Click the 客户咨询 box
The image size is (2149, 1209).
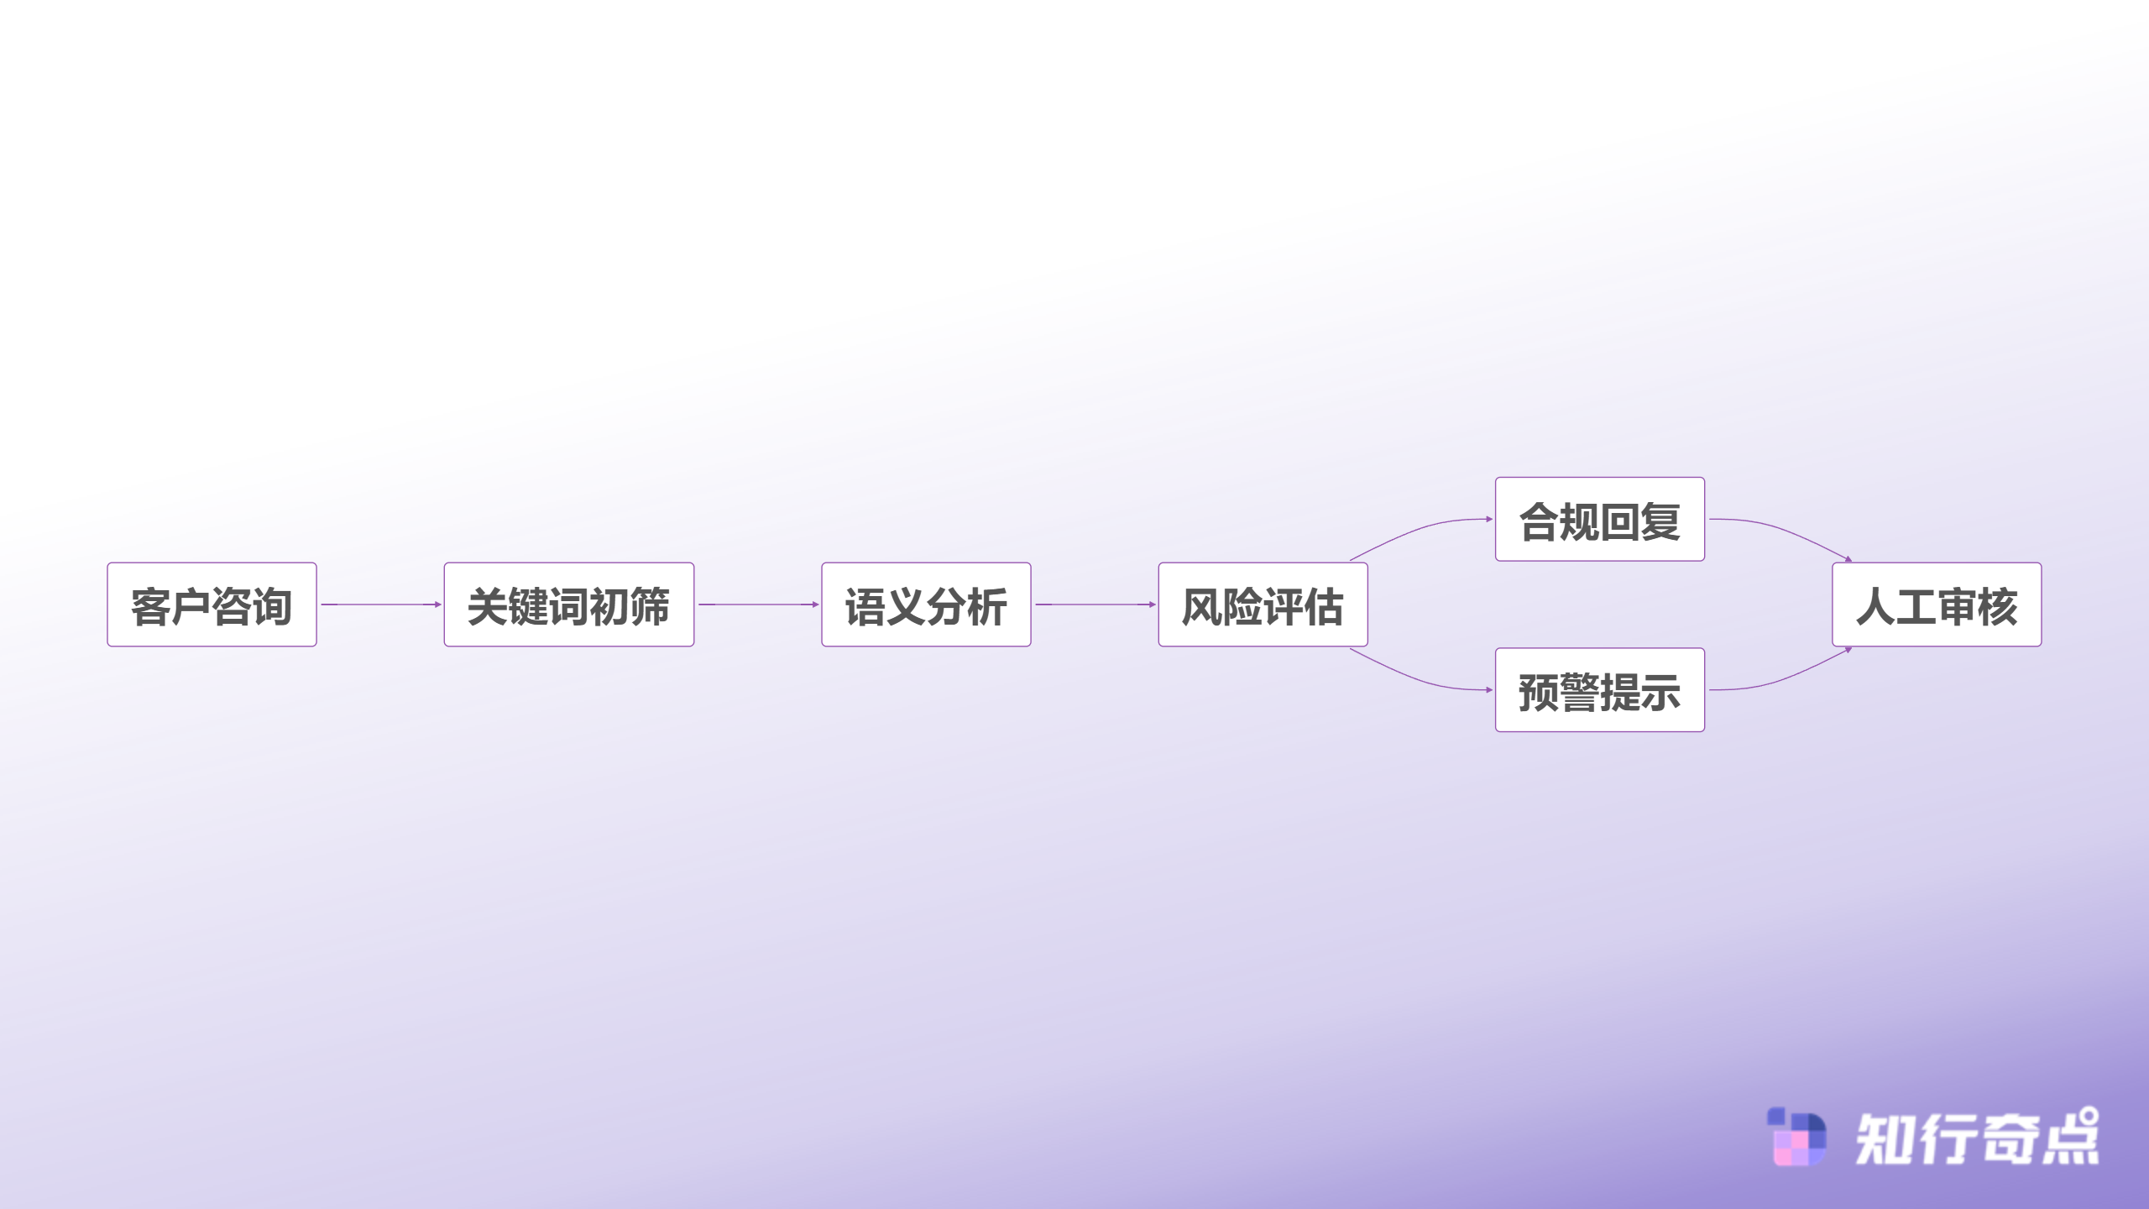click(212, 604)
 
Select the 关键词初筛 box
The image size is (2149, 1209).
click(569, 604)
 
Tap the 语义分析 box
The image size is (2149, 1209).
click(926, 604)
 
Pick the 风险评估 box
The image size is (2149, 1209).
click(1263, 604)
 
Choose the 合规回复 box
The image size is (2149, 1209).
click(1600, 519)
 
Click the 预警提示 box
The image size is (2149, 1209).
click(1600, 690)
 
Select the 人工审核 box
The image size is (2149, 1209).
click(1937, 604)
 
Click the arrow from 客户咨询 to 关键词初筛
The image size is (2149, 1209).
click(381, 604)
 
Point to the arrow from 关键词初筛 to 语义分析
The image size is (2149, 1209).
click(759, 604)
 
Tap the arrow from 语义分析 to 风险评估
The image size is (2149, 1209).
click(1095, 604)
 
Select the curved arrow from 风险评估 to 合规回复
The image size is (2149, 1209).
click(1419, 530)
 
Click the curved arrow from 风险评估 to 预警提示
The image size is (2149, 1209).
click(1419, 679)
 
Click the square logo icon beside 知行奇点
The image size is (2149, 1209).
click(1796, 1137)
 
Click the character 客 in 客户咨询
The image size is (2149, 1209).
click(151, 606)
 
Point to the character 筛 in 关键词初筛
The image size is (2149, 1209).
click(650, 606)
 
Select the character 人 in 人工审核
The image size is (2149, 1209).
click(1876, 606)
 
